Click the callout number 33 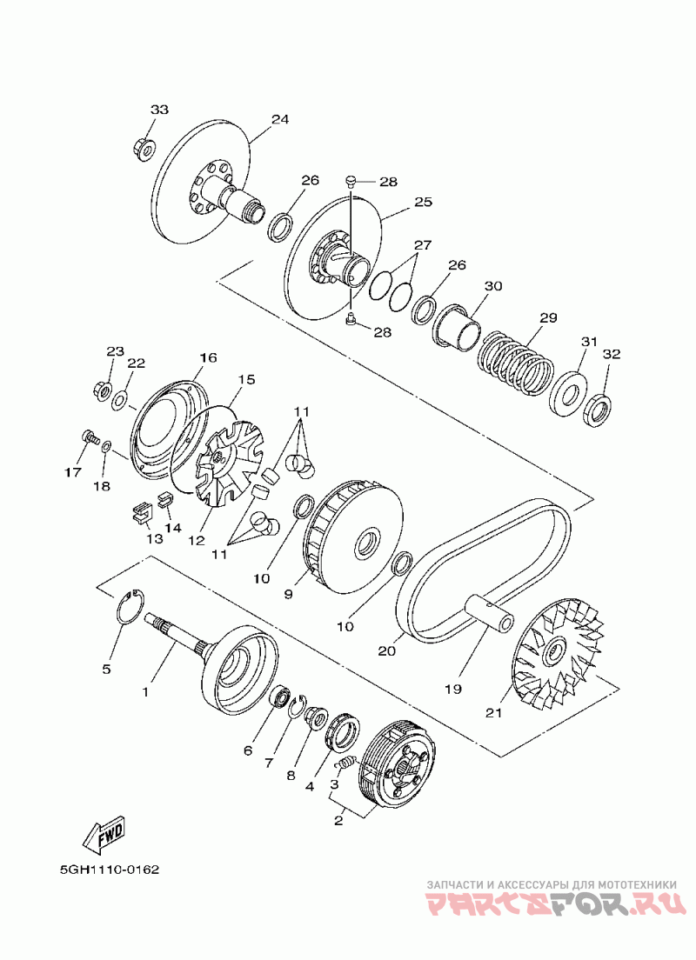[159, 110]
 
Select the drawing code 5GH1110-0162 [110, 870]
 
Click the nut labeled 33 [144, 150]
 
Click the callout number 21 [494, 713]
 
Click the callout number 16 [207, 357]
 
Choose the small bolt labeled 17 [89, 437]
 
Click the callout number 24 [279, 119]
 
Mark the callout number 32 [612, 354]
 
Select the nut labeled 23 [102, 390]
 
